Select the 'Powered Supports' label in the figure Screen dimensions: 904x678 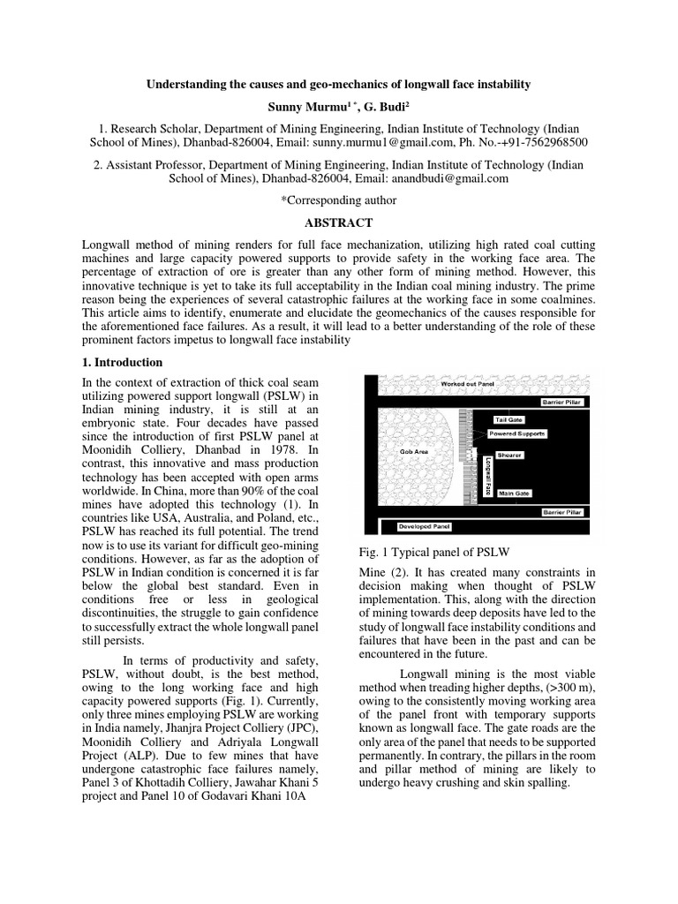pyautogui.click(x=519, y=434)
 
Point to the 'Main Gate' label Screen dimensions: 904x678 pyautogui.click(x=513, y=493)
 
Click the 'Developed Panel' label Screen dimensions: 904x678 pyautogui.click(x=425, y=526)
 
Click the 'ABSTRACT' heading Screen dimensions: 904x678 pyautogui.click(x=338, y=222)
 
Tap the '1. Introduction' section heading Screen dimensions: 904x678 pyautogui.click(x=122, y=362)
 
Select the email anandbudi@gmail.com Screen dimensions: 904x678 pyautogui.click(x=453, y=177)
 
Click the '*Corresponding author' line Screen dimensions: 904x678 pyautogui.click(x=338, y=200)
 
